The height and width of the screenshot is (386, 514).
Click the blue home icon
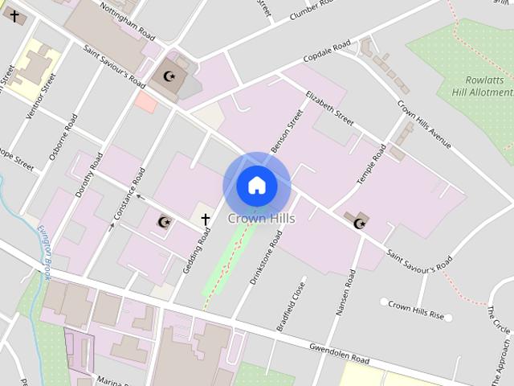click(256, 186)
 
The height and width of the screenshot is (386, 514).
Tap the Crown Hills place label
click(261, 218)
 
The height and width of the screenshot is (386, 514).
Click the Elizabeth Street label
click(329, 109)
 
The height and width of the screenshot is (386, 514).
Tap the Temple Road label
click(372, 164)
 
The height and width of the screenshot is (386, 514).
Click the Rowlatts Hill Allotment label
click(489, 87)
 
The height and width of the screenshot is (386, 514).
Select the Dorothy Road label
click(88, 176)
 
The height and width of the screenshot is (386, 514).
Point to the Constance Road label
click(129, 194)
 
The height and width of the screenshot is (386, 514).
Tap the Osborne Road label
click(63, 137)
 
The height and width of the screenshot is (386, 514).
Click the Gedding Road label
click(196, 249)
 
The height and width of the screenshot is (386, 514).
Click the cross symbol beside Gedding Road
click(205, 219)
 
